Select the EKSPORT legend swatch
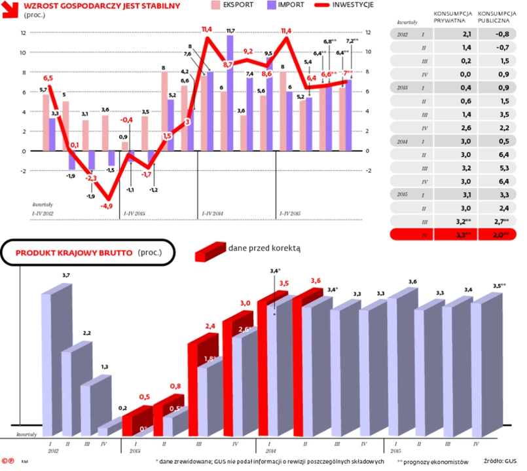pos(215,5)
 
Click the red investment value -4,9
pos(106,206)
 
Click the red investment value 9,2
pos(248,51)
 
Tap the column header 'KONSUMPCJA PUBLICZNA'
pos(496,17)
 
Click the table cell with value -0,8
pos(502,35)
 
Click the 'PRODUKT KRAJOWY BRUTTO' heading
pos(75,252)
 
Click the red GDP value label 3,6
pos(316,281)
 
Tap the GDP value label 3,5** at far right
pos(499,286)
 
